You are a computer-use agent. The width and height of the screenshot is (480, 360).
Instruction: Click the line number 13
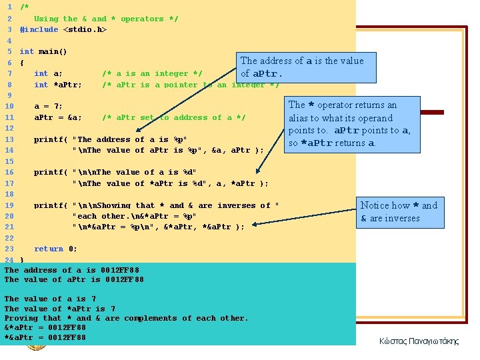point(9,139)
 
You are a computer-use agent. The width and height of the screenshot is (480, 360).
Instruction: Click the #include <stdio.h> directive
point(63,30)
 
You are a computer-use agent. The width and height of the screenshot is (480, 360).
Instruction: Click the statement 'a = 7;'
point(48,107)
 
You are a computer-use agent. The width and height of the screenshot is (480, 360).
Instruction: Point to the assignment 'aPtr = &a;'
point(58,117)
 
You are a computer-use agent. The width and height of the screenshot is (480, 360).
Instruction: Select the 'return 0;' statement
point(55,249)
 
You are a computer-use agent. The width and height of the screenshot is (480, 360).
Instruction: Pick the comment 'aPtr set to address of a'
point(174,117)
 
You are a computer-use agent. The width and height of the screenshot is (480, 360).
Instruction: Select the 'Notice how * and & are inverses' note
point(399,211)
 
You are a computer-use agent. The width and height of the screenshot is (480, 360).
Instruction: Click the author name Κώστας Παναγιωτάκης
point(419,341)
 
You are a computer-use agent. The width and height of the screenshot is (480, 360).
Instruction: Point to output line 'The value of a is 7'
point(51,299)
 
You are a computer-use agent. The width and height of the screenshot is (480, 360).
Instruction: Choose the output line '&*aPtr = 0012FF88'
point(45,328)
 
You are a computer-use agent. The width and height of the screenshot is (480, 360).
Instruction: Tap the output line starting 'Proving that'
point(126,318)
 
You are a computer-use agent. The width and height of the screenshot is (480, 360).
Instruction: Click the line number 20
point(9,216)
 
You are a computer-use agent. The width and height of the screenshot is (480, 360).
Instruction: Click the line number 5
point(9,51)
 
